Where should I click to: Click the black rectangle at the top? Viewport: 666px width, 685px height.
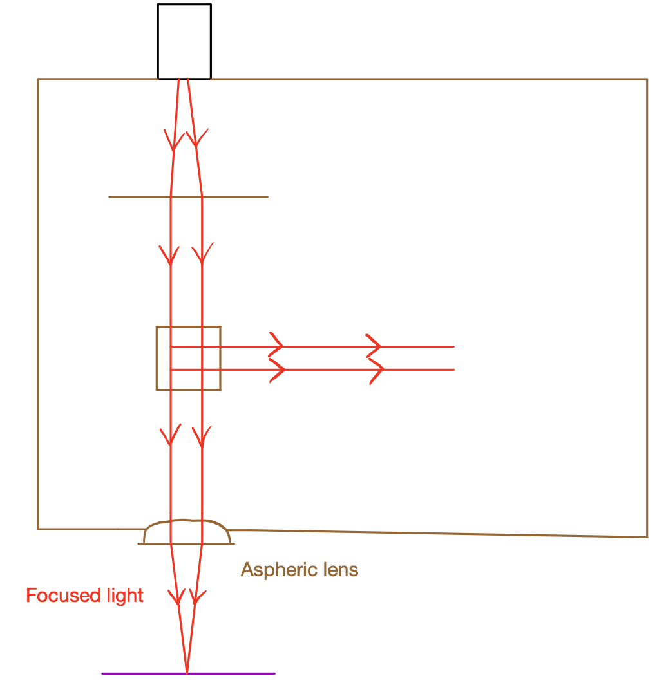coord(184,41)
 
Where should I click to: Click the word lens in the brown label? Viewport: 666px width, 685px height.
coord(338,570)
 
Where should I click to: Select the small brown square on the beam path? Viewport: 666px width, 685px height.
coord(189,359)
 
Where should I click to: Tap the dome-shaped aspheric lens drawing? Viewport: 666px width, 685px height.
coord(187,532)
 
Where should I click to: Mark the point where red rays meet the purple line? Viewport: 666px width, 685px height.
coord(187,673)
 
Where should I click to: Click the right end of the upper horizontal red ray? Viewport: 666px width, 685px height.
coord(453,346)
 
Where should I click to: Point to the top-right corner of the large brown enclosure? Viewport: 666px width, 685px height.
coord(647,80)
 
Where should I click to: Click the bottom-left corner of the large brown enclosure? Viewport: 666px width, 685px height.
coord(38,529)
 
